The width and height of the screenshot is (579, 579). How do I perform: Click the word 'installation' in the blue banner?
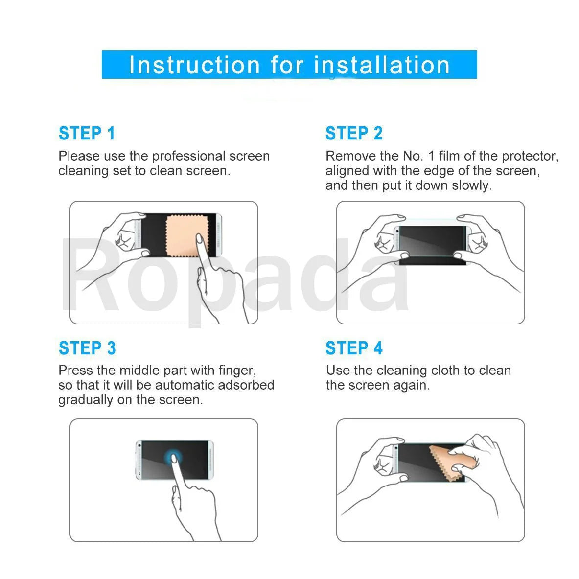(x=382, y=65)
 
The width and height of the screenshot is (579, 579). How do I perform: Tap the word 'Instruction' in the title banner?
(x=194, y=65)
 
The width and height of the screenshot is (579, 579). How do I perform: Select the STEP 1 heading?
(x=87, y=133)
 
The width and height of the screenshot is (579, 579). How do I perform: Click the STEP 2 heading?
(x=354, y=133)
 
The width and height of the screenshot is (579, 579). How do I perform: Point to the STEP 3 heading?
(x=87, y=348)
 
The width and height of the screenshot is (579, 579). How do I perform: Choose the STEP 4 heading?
(x=354, y=348)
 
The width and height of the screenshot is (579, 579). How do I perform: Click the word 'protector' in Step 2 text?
(x=530, y=156)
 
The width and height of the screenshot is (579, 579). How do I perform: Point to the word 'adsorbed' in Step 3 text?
(x=246, y=385)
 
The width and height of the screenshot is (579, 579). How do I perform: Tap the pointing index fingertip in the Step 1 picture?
(x=199, y=239)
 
